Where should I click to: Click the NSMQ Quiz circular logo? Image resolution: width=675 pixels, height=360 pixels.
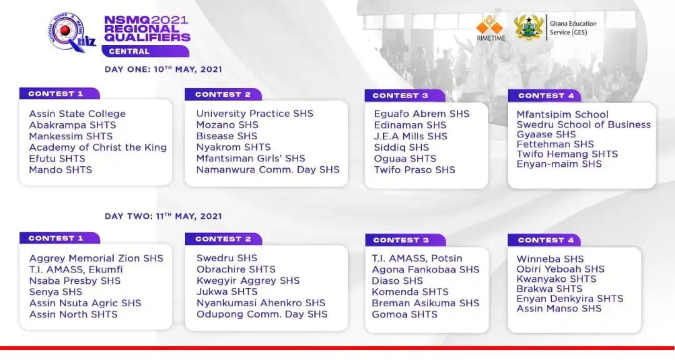point(67,34)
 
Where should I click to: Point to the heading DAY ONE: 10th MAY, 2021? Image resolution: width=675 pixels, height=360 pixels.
point(163,69)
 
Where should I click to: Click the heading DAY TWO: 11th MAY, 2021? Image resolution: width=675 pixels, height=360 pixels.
point(163,216)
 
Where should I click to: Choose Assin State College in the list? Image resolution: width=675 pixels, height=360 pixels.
point(77,114)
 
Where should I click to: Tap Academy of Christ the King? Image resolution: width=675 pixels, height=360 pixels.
point(97,147)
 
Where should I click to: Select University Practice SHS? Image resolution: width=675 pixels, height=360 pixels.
point(254,114)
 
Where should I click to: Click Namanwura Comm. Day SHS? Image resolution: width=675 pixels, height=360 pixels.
point(267,170)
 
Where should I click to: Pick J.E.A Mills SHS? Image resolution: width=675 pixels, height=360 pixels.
point(411,136)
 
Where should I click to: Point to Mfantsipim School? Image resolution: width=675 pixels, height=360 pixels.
point(562,114)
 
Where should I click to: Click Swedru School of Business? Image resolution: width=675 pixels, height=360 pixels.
point(583,124)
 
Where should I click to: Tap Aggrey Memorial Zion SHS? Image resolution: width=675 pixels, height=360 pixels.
point(96,258)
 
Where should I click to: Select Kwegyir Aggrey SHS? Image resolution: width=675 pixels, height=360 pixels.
point(247,281)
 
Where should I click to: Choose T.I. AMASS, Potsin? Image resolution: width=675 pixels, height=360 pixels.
point(417,258)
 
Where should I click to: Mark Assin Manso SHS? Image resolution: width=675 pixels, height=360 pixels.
point(559,309)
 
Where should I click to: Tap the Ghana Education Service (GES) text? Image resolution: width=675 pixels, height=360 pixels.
point(572,28)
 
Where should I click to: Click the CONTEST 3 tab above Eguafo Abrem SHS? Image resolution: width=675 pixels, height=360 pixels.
point(400,96)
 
